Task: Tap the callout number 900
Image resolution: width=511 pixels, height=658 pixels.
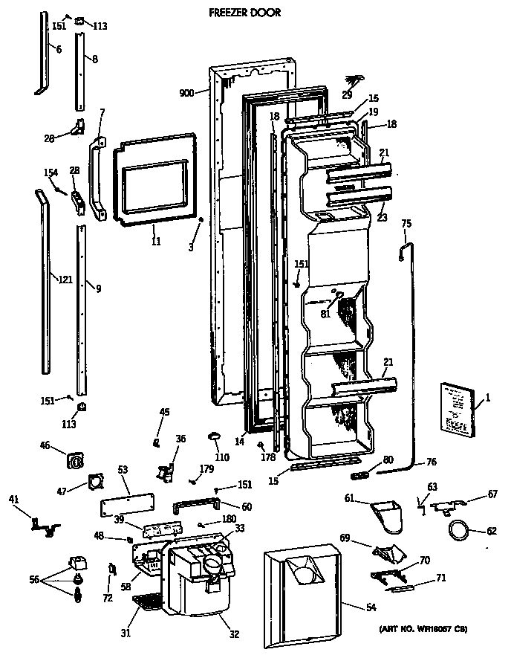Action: point(187,93)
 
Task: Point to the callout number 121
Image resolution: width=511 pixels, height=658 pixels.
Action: point(66,280)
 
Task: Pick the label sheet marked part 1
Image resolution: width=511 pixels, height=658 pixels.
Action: point(456,408)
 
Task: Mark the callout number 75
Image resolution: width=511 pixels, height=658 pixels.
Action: point(406,223)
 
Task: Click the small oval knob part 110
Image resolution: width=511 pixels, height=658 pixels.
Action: point(215,433)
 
